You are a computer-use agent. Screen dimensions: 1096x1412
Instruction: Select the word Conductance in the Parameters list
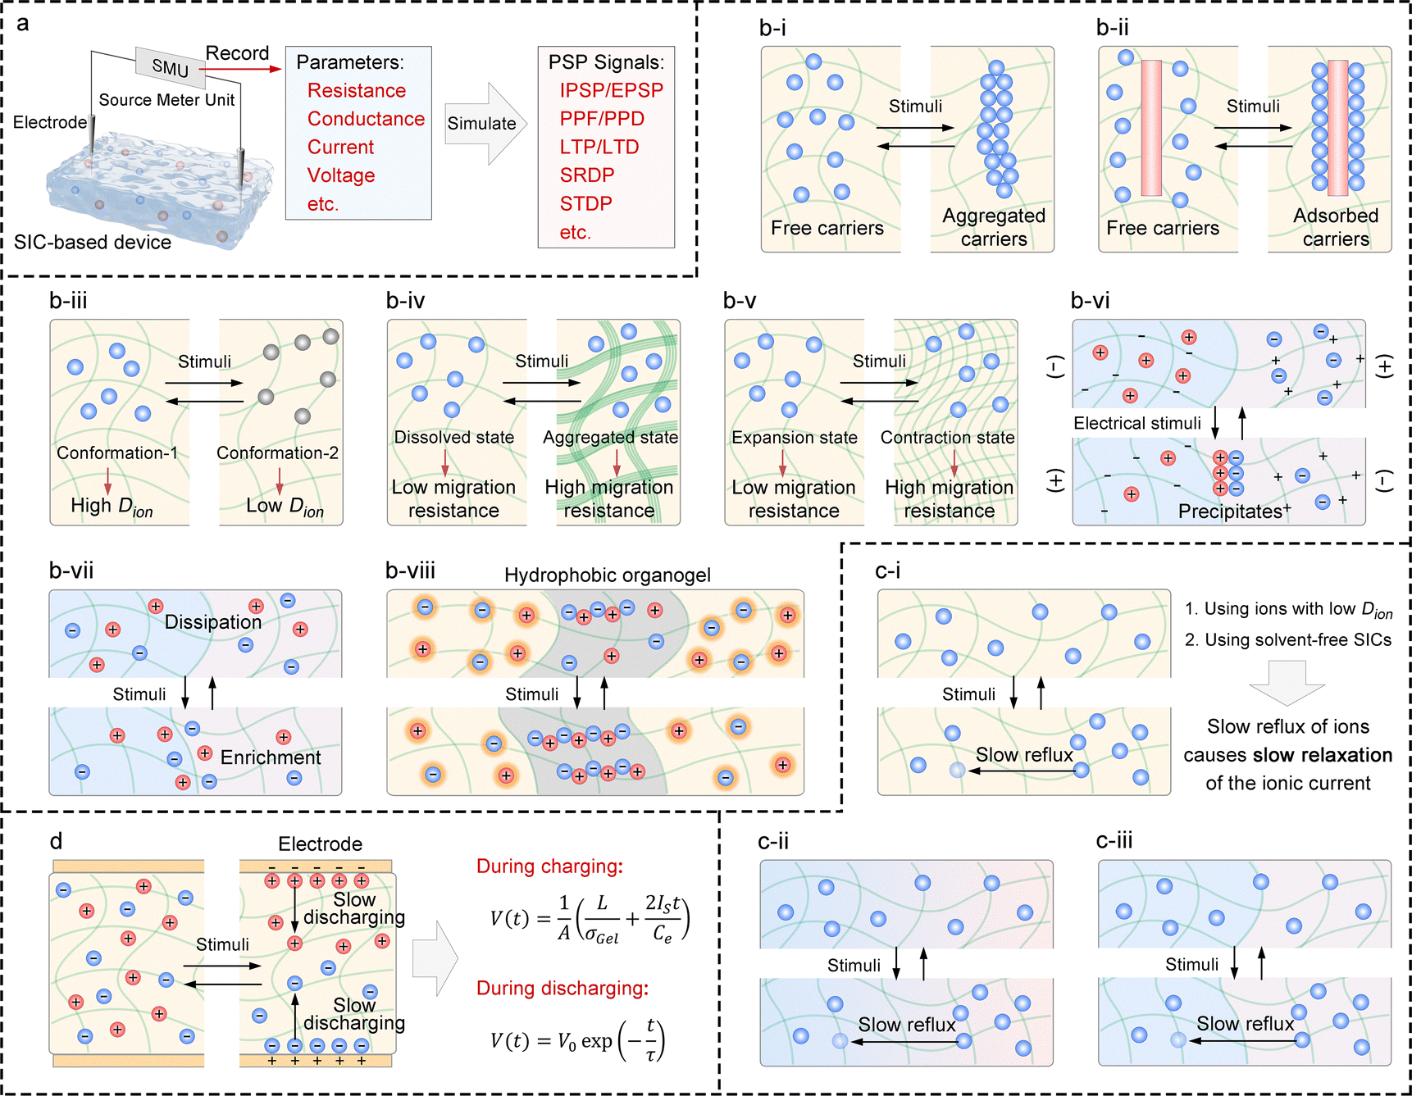tap(366, 119)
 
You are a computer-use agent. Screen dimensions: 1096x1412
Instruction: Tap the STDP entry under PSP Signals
tap(585, 203)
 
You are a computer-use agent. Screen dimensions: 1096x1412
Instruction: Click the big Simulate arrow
tap(485, 124)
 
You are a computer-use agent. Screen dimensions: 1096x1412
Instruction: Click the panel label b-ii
tap(1112, 28)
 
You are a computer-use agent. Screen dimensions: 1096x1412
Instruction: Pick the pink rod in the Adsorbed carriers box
tap(1337, 127)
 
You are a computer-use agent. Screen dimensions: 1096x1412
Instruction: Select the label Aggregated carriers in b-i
tap(994, 227)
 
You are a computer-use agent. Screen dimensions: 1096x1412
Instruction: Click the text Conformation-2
tap(277, 452)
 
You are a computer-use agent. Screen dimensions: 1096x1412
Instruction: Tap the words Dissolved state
tap(453, 437)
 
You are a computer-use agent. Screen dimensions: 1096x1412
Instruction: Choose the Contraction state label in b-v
tap(947, 437)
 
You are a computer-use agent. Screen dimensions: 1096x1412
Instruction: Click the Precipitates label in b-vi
tap(1232, 512)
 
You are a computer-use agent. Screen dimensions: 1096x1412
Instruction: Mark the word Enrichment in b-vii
tap(271, 757)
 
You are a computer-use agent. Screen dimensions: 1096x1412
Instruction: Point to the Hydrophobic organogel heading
tap(607, 575)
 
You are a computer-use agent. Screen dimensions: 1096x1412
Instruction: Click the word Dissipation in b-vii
tap(212, 622)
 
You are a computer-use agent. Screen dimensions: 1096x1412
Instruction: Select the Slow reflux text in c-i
tap(1023, 755)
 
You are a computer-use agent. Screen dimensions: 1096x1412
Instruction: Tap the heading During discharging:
tap(563, 988)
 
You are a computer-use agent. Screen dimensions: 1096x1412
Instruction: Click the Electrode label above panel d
tap(320, 844)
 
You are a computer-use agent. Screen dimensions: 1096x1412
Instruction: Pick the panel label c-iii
tap(1114, 841)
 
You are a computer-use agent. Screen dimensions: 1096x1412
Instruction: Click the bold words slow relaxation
tap(1322, 755)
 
